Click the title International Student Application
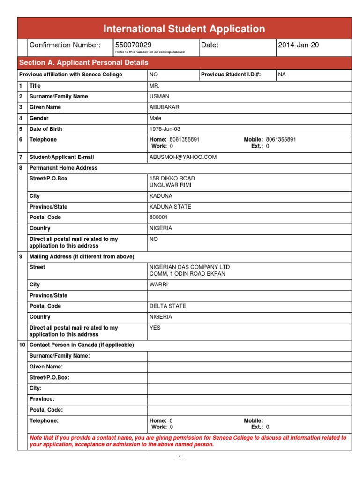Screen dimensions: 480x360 click(x=184, y=29)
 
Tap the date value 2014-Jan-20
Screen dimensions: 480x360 click(x=298, y=45)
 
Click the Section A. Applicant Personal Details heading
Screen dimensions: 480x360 click(x=83, y=62)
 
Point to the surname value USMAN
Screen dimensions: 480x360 click(x=158, y=96)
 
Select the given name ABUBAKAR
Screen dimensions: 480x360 click(x=164, y=107)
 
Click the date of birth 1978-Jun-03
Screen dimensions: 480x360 click(x=165, y=129)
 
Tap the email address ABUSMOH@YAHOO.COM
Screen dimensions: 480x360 click(x=183, y=157)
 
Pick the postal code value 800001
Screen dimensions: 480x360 click(x=158, y=217)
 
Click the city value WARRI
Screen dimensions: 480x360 click(x=158, y=285)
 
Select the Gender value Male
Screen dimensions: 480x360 click(x=155, y=118)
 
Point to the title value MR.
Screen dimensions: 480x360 click(x=154, y=86)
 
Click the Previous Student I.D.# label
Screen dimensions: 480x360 click(x=231, y=75)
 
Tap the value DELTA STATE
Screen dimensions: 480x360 click(x=167, y=306)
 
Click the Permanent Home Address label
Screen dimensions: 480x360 click(x=63, y=168)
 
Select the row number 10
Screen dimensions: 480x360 click(x=22, y=345)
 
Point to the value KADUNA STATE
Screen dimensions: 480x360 click(x=170, y=207)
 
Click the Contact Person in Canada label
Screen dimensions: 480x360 click(x=82, y=345)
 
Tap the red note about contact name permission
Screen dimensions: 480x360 click(x=187, y=441)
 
